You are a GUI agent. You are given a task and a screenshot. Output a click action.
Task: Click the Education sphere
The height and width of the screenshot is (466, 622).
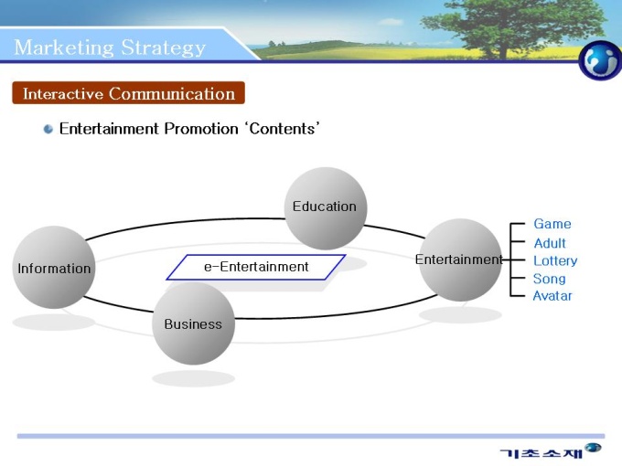click(326, 208)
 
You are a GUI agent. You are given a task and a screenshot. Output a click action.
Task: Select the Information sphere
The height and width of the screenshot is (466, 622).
click(54, 268)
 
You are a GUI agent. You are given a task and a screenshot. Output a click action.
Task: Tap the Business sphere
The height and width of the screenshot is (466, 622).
click(193, 323)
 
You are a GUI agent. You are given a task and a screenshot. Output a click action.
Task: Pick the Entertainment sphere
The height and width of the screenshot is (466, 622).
click(459, 259)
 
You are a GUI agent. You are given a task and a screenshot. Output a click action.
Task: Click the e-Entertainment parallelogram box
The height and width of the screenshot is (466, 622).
click(256, 267)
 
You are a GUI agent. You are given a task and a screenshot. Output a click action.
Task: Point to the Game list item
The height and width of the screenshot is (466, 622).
click(552, 224)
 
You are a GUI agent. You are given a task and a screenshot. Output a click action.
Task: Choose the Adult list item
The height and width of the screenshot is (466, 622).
click(550, 243)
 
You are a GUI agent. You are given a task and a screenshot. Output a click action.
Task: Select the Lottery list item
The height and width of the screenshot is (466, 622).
click(555, 260)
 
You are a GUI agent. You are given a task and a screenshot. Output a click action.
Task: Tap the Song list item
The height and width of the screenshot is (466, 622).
click(549, 279)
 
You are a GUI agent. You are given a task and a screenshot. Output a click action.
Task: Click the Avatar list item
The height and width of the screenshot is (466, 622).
click(552, 296)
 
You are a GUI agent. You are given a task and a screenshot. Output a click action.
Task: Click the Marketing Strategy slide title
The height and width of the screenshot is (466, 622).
click(110, 48)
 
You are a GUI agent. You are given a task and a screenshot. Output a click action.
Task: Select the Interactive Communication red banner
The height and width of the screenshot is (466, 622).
click(128, 93)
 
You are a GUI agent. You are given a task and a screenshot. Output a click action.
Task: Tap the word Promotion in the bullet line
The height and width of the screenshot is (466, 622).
click(200, 129)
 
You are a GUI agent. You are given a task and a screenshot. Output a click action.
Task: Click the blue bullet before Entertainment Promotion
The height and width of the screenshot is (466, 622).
click(48, 129)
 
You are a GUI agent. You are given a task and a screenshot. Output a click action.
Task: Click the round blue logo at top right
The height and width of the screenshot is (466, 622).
click(599, 60)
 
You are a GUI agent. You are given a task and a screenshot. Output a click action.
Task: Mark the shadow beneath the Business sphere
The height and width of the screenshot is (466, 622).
click(193, 378)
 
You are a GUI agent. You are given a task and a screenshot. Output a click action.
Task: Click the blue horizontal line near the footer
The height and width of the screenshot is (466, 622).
click(311, 436)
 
